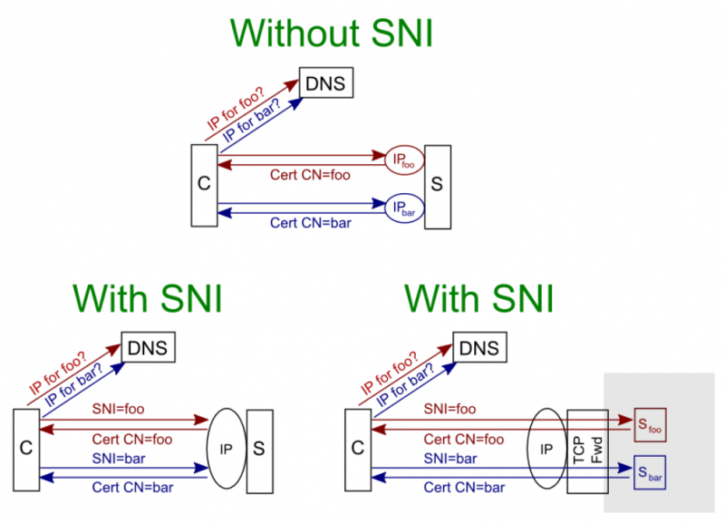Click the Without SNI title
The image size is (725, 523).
pyautogui.click(x=332, y=34)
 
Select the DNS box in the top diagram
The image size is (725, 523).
pyautogui.click(x=325, y=85)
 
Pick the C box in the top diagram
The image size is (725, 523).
pyautogui.click(x=204, y=184)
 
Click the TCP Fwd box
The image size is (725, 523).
pyautogui.click(x=585, y=450)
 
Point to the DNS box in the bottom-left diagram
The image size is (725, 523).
pyautogui.click(x=148, y=348)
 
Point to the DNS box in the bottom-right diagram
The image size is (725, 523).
pyautogui.click(x=479, y=348)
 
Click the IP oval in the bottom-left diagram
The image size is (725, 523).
pyautogui.click(x=227, y=449)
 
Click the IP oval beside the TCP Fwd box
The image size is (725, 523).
pyautogui.click(x=546, y=449)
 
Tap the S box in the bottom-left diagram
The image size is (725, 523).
pyautogui.click(x=259, y=449)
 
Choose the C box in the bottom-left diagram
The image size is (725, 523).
pyautogui.click(x=25, y=449)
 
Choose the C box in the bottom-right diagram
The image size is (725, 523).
pyautogui.click(x=358, y=449)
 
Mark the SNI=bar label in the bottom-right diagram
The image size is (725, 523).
pyautogui.click(x=449, y=458)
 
